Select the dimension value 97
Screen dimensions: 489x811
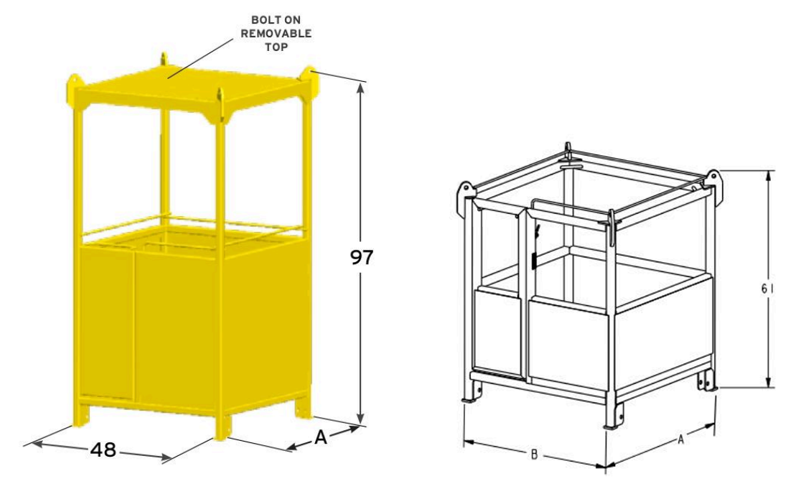coord(362,257)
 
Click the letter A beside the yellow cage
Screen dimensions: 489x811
coord(321,438)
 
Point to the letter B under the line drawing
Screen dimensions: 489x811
coord(533,455)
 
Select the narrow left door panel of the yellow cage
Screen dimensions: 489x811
coord(106,323)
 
